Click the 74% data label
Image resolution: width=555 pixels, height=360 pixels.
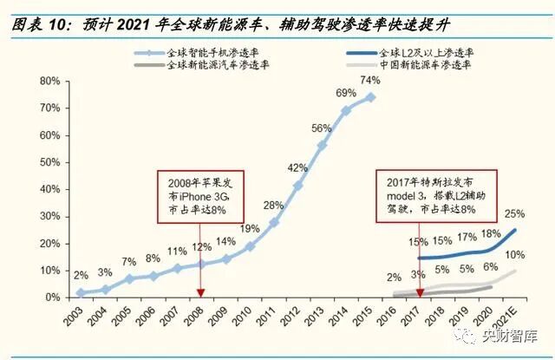[370, 81]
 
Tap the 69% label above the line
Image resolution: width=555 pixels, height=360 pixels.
[346, 94]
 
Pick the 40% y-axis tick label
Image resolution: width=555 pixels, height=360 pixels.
[48, 189]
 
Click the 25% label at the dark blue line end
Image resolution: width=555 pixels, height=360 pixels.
[514, 213]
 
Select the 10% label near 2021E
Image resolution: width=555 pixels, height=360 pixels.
[514, 254]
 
